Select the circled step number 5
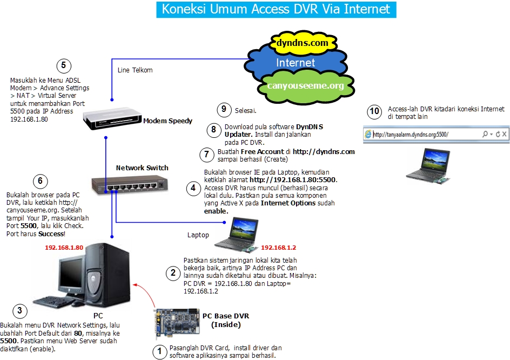pos(63,66)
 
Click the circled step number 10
pos(374,112)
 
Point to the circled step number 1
pos(159,352)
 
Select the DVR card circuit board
pos(175,323)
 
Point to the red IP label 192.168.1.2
pos(278,248)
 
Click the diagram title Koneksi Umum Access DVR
pos(276,9)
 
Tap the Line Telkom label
pos(135,70)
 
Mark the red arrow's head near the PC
pos(134,282)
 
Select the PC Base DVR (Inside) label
pos(225,320)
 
